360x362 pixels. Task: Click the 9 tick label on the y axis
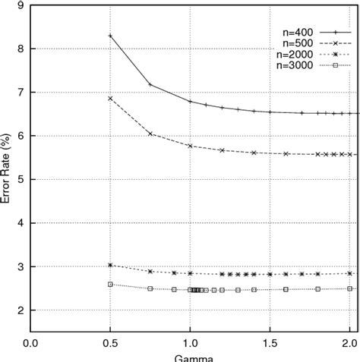pyautogui.click(x=19, y=5)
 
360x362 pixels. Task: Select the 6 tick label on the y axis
pyautogui.click(x=19, y=136)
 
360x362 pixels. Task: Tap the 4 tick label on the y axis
pyautogui.click(x=19, y=223)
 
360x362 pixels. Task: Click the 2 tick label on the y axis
pyautogui.click(x=19, y=310)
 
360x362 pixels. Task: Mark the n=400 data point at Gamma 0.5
pyautogui.click(x=110, y=36)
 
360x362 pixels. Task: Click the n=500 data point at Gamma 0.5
pyautogui.click(x=110, y=99)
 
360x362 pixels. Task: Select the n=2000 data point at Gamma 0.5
pyautogui.click(x=110, y=265)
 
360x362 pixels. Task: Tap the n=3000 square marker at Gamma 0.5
pyautogui.click(x=110, y=285)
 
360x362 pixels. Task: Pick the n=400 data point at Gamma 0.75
pyautogui.click(x=150, y=84)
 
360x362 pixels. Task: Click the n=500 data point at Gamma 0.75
pyautogui.click(x=150, y=134)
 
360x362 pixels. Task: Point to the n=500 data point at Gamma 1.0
pyautogui.click(x=190, y=146)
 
